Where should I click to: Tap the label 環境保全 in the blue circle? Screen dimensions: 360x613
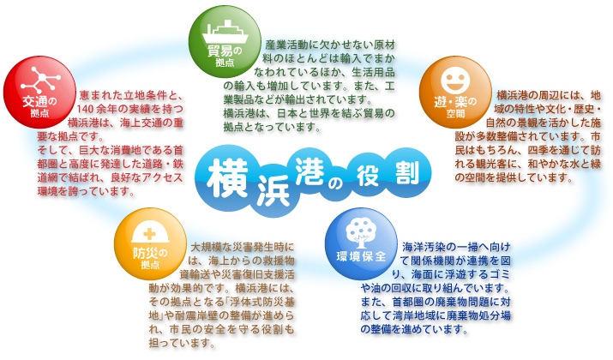tap(355, 256)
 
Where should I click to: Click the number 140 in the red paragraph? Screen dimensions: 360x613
tap(90, 110)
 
